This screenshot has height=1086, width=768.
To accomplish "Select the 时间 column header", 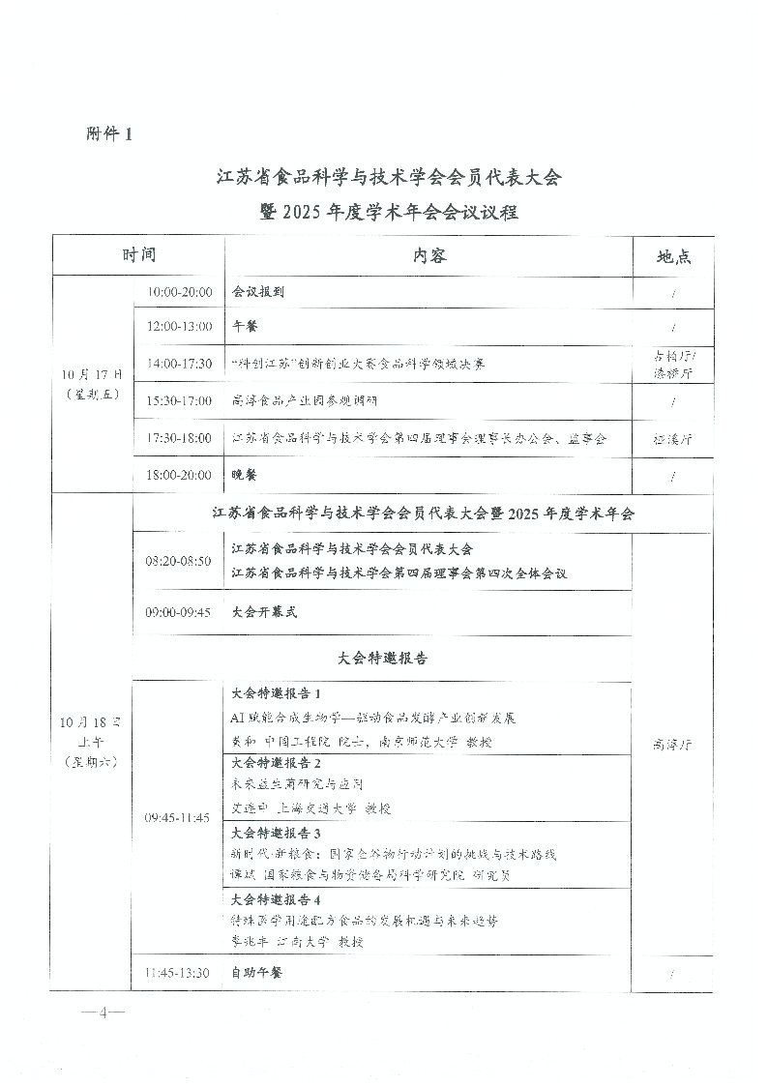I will tap(138, 256).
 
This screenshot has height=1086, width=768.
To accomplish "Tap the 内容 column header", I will tap(428, 256).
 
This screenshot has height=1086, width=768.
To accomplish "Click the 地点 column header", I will tap(673, 257).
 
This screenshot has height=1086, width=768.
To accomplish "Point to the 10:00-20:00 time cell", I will tap(179, 291).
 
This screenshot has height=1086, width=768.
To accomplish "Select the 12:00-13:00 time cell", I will tap(179, 327).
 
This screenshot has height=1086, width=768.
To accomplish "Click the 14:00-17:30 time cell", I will tap(179, 364).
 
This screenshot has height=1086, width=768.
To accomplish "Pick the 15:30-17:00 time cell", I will tap(179, 400).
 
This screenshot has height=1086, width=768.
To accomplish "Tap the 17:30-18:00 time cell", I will tap(179, 438).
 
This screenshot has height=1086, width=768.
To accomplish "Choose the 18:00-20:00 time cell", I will tap(179, 475).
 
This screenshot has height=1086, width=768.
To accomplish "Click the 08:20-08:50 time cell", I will tap(179, 561).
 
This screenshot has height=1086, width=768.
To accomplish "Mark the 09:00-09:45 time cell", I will tap(179, 612).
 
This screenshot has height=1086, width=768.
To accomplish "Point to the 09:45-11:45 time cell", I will tap(177, 818).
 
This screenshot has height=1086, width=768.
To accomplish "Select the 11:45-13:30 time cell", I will tap(178, 973).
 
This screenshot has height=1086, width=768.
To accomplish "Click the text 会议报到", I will tap(258, 291).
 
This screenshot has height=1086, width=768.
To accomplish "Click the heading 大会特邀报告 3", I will tap(277, 833).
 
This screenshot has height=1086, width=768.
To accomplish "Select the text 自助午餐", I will tap(258, 973).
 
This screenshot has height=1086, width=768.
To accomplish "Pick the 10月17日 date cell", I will tap(92, 383).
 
